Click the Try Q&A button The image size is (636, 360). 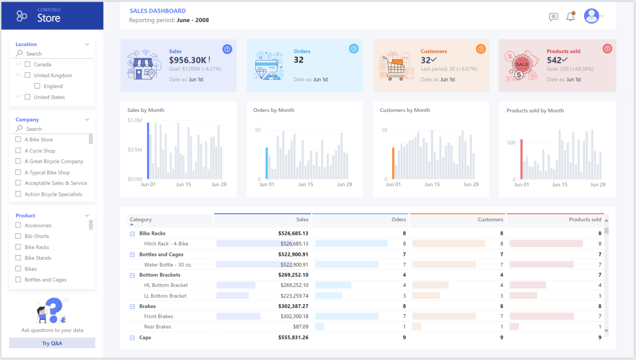[x=52, y=343]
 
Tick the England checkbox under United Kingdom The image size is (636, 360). [x=37, y=86]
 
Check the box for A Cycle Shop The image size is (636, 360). [x=19, y=151]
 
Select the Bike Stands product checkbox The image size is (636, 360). [x=19, y=258]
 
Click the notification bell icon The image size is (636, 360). [x=570, y=16]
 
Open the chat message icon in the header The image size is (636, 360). [x=553, y=16]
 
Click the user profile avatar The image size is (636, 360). [x=591, y=16]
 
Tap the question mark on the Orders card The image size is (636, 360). [x=354, y=49]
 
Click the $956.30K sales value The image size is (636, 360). [x=188, y=60]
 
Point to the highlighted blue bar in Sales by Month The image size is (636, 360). [x=148, y=151]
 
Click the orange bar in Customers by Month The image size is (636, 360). [x=393, y=163]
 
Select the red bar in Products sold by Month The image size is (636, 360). [x=522, y=160]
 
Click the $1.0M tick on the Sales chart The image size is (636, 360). [x=135, y=120]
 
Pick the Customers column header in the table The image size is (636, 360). [x=490, y=219]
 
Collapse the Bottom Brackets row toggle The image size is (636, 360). [x=132, y=275]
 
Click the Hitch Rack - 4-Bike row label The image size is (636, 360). [x=166, y=244]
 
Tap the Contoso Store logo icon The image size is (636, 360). [x=22, y=16]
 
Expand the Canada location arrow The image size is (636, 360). [x=19, y=64]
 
